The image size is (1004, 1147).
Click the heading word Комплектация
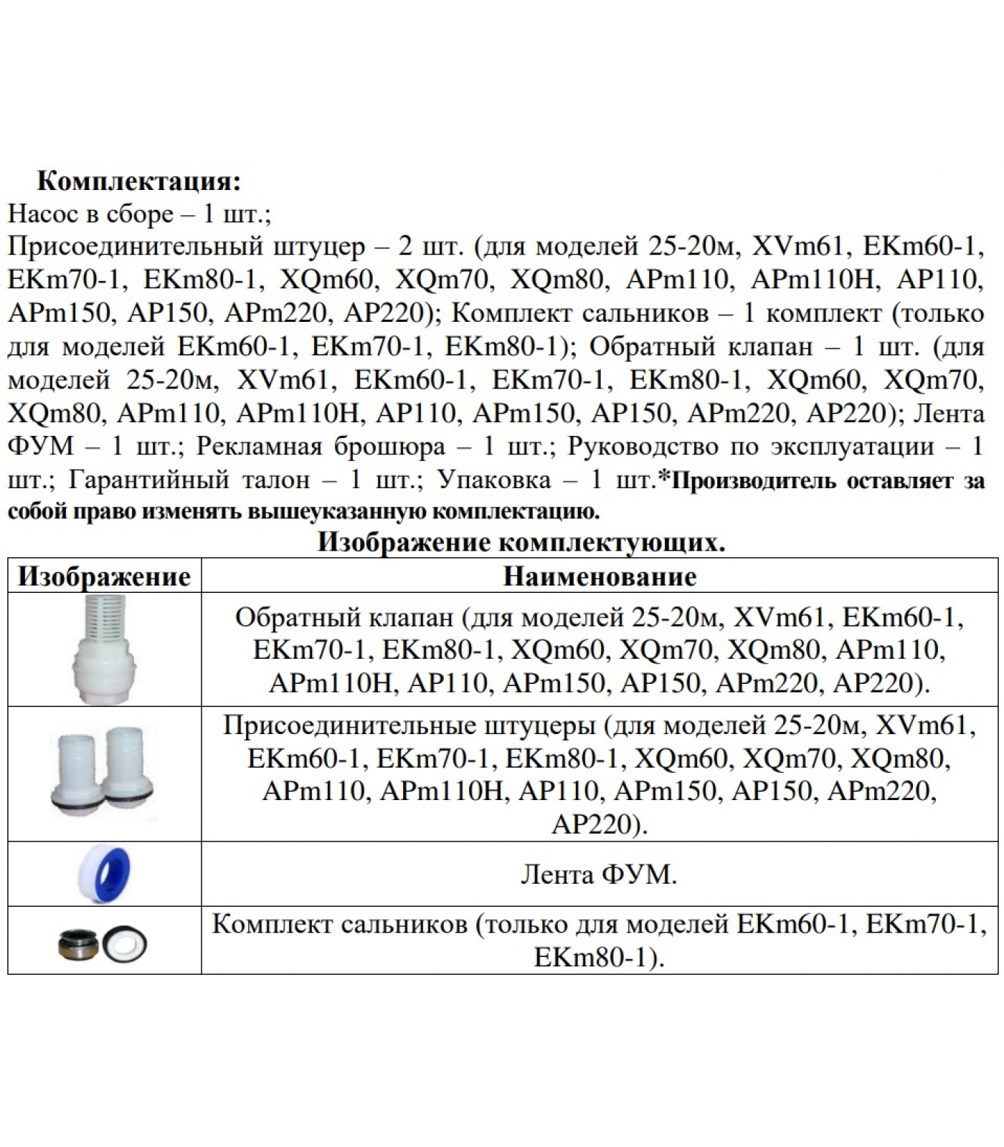pyautogui.click(x=138, y=181)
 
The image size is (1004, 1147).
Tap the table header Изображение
pyautogui.click(x=105, y=576)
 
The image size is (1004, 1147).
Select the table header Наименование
pyautogui.click(x=600, y=576)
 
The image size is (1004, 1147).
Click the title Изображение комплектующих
pyautogui.click(x=521, y=543)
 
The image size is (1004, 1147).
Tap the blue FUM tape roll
pyautogui.click(x=106, y=874)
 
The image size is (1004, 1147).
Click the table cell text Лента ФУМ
pyautogui.click(x=598, y=875)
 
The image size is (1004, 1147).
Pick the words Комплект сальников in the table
pyautogui.click(x=340, y=925)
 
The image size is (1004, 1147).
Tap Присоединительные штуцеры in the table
pyautogui.click(x=409, y=726)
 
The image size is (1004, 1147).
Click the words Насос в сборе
pyautogui.click(x=90, y=214)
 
